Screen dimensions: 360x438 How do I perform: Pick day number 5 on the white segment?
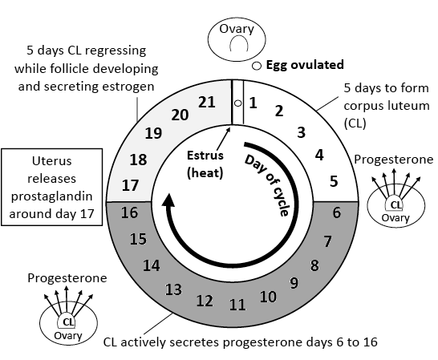[333, 181]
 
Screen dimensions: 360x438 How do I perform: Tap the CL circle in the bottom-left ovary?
[68, 322]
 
